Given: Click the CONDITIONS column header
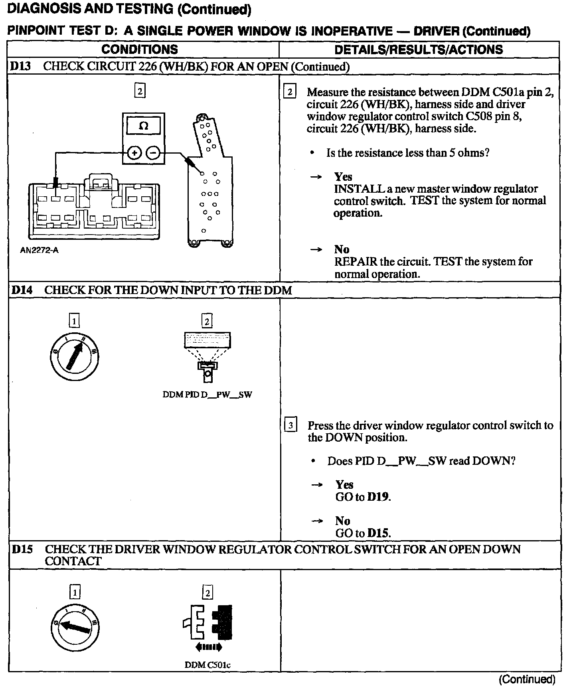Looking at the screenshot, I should tap(140, 49).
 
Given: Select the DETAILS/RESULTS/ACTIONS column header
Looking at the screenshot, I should tap(419, 49).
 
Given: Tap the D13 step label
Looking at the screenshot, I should tap(20, 66).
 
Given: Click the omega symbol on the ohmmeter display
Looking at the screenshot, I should tap(143, 126).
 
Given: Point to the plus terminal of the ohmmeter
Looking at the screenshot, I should tap(134, 153).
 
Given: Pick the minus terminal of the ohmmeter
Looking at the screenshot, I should tap(153, 153).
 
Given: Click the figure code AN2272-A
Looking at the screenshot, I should tap(39, 251).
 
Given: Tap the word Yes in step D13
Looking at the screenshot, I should tap(343, 177).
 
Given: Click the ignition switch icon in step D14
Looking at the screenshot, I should tap(75, 356).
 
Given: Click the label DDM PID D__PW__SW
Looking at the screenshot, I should tap(207, 395).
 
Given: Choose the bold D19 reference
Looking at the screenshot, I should tap(378, 497).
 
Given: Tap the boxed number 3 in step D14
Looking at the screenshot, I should tap(291, 426).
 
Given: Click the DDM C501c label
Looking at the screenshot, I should tap(207, 665).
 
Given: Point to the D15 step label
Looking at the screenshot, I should tap(22, 549).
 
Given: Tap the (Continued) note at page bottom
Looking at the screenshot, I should tap(527, 679).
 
